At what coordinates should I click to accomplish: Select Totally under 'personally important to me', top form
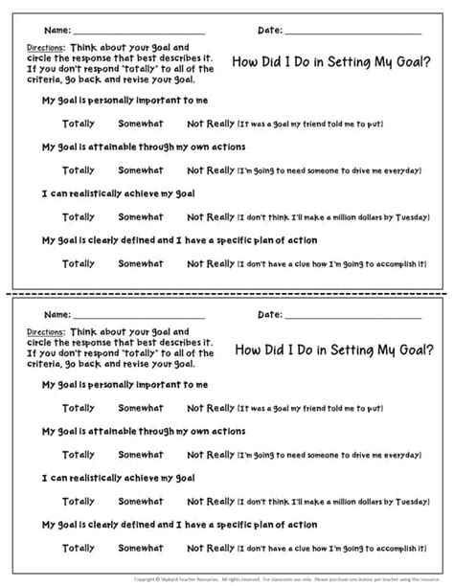click(79, 124)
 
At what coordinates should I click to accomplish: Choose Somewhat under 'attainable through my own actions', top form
click(140, 169)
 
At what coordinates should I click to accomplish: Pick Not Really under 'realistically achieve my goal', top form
click(209, 216)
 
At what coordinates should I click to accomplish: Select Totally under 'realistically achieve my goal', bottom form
click(79, 500)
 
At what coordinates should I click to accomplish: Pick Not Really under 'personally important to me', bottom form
click(209, 407)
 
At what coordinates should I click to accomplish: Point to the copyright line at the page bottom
click(227, 579)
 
